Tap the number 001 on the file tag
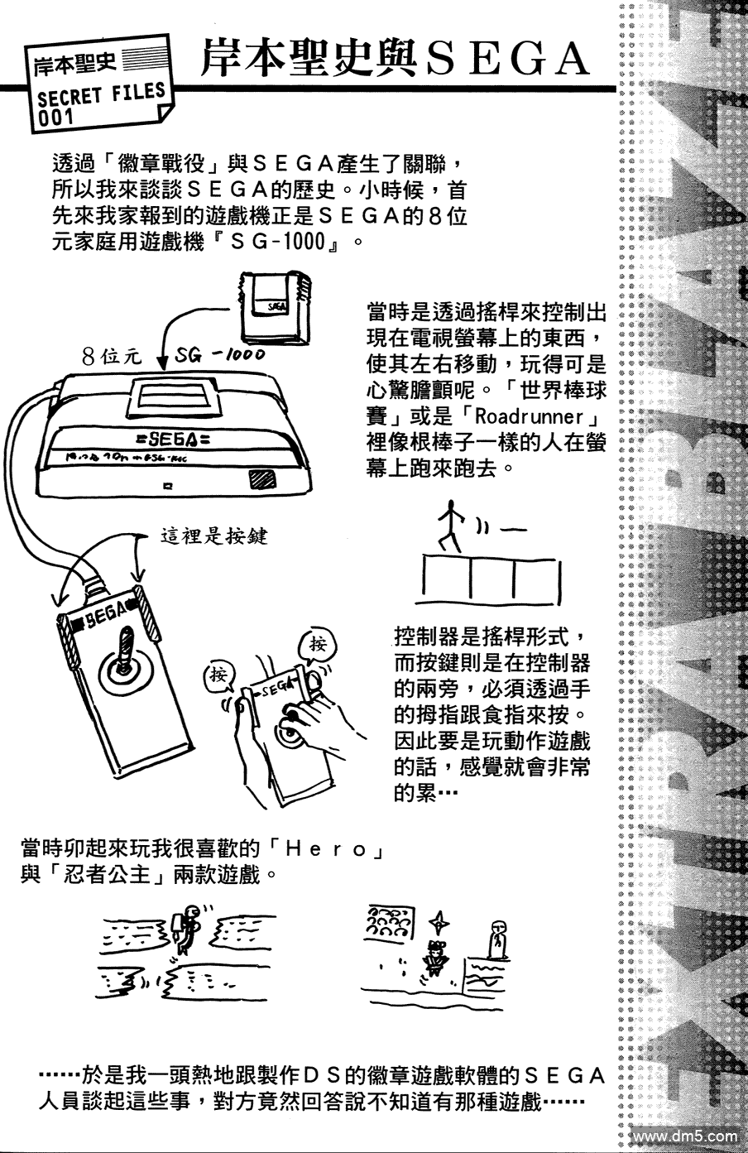55,118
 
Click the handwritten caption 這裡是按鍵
213,536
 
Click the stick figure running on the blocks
452,525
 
